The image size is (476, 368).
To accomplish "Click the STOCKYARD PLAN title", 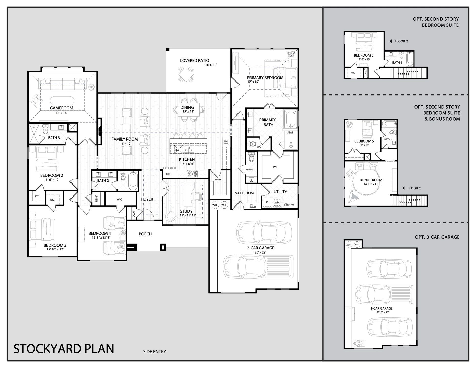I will coord(64,349).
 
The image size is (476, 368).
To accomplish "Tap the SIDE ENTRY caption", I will coord(154,352).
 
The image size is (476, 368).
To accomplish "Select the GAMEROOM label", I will coord(61,108).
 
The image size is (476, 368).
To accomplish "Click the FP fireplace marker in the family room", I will coord(100,132).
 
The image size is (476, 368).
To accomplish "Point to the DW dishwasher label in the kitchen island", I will coord(177,150).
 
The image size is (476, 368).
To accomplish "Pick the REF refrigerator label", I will coord(169,174).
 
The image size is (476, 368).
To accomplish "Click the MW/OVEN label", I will coord(226,142).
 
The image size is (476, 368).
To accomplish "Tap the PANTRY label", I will coord(219,180).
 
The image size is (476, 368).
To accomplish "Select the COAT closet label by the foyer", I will coord(134,214).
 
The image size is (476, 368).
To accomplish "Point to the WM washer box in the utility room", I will coord(277,203).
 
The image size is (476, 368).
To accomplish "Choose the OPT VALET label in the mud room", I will coord(253,206).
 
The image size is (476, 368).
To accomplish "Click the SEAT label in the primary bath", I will coord(290,132).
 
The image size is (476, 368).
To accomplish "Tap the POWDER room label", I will coord(250,169).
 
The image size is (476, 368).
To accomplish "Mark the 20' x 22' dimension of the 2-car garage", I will coord(260,252).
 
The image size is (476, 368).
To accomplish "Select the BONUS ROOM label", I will coord(371,180).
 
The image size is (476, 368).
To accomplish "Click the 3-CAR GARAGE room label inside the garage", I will coord(381,308).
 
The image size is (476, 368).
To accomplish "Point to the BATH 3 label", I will coord(54,138).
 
